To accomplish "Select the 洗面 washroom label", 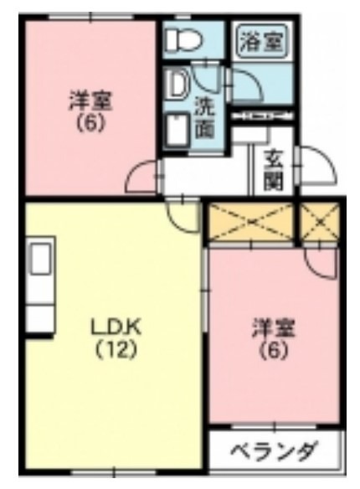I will tap(204, 117).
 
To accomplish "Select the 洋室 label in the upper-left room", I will tap(90, 101).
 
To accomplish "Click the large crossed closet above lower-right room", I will tap(250, 222).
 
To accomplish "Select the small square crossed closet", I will tap(320, 222).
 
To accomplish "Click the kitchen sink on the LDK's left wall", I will tap(39, 260).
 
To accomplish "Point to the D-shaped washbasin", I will tap(178, 84).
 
